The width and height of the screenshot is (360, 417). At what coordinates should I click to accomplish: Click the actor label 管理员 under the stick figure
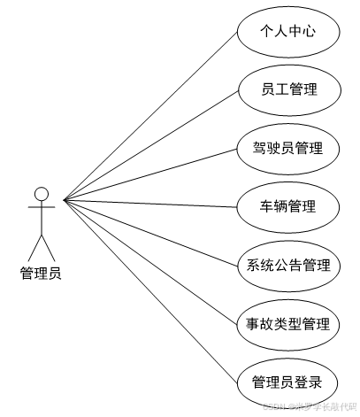click(x=40, y=273)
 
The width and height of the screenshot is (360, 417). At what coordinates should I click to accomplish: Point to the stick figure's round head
click(x=41, y=193)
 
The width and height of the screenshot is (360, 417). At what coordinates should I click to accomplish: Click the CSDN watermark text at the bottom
click(x=310, y=406)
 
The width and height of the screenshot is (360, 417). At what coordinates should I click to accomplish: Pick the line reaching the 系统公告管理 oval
click(x=150, y=234)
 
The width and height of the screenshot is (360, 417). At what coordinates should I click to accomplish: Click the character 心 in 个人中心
click(x=308, y=32)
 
